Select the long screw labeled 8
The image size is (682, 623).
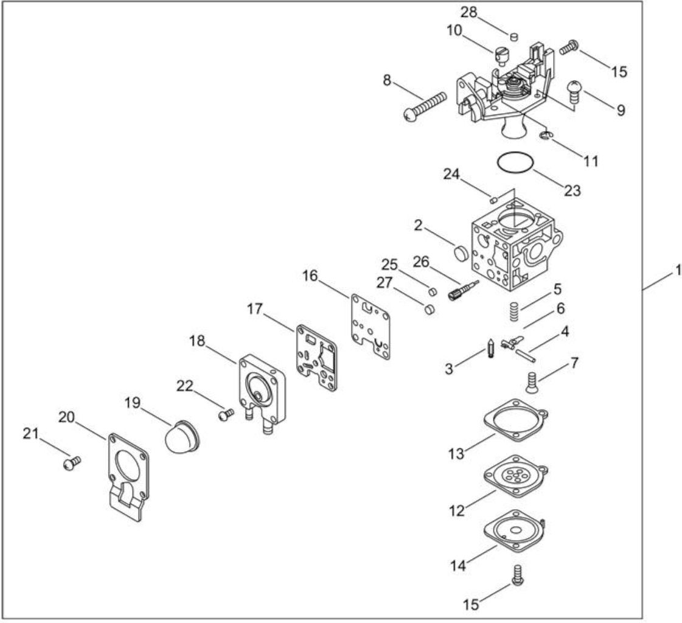425,105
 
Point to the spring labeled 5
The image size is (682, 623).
515,311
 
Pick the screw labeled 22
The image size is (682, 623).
226,414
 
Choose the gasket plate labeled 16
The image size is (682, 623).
370,326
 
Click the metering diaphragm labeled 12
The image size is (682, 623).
516,476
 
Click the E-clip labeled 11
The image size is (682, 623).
546,136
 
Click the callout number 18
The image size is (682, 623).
197,341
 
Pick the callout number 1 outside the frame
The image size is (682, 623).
678,271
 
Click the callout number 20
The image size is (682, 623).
67,417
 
